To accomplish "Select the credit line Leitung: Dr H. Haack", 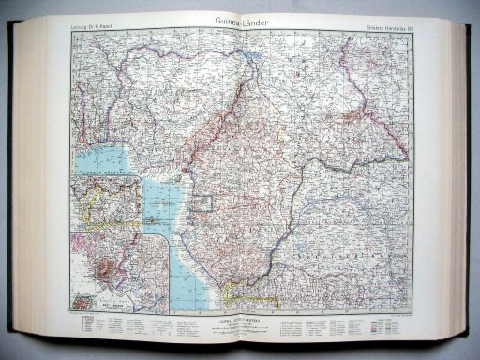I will point(92,38).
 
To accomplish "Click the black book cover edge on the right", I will point(475,187).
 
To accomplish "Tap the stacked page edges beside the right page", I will point(462,187).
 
